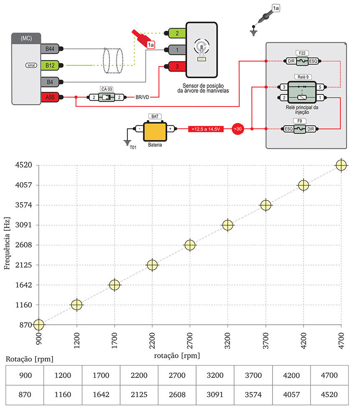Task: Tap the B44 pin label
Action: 50,49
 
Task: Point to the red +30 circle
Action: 238,129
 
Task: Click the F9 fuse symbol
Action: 300,129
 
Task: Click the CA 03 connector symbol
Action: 107,97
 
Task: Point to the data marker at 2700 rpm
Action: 190,245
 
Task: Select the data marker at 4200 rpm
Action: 304,185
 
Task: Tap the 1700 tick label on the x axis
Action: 115,340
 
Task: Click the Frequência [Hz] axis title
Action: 7,245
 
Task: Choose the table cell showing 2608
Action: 177,395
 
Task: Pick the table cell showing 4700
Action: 329,375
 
